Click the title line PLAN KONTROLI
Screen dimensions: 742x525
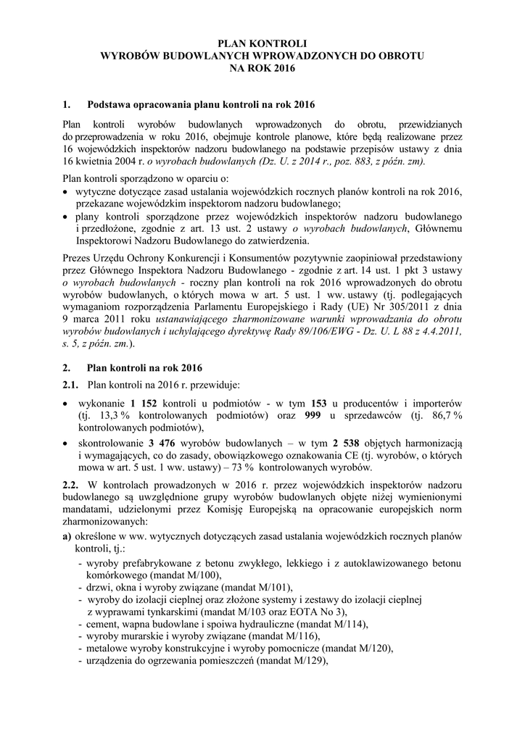(262, 43)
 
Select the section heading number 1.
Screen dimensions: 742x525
(67, 104)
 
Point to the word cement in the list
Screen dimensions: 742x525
(103, 625)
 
